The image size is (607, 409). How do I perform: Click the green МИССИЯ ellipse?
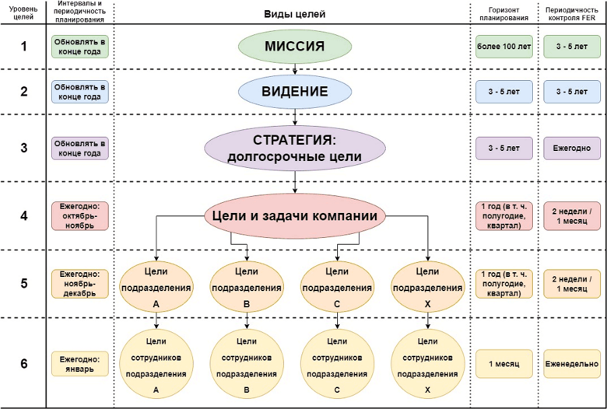pyautogui.click(x=295, y=46)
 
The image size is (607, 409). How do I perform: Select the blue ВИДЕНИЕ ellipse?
pyautogui.click(x=295, y=92)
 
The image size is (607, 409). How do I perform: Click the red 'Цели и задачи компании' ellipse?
pyautogui.click(x=295, y=216)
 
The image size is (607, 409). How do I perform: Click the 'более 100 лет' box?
pyautogui.click(x=504, y=46)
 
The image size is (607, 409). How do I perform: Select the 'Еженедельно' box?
pyautogui.click(x=572, y=364)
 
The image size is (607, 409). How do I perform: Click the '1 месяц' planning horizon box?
pyautogui.click(x=504, y=364)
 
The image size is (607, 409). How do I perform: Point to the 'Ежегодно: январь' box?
pyautogui.click(x=80, y=364)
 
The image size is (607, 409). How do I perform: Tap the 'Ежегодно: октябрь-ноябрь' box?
pyautogui.click(x=80, y=216)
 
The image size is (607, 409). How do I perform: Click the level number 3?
pyautogui.click(x=24, y=148)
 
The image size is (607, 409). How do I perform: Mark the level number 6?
pyautogui.click(x=24, y=364)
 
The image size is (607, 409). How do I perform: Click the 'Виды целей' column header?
pyautogui.click(x=295, y=13)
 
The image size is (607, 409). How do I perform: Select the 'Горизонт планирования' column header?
pyautogui.click(x=504, y=13)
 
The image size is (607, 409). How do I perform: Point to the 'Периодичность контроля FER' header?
pyautogui.click(x=572, y=13)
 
